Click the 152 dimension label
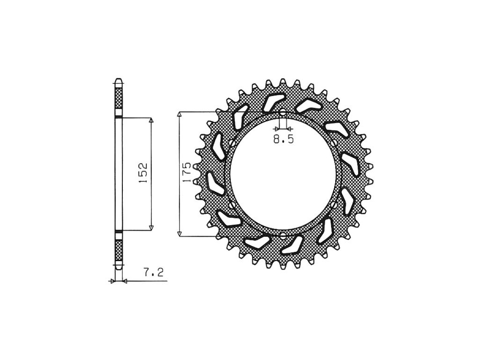(143, 173)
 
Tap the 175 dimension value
(187, 172)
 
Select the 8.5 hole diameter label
(284, 140)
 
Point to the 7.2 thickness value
(153, 272)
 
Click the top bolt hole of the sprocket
(283, 112)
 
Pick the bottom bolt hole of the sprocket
(283, 235)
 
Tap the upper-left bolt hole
(232, 143)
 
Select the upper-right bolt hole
(334, 143)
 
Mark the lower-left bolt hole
(232, 204)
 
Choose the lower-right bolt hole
(334, 204)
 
